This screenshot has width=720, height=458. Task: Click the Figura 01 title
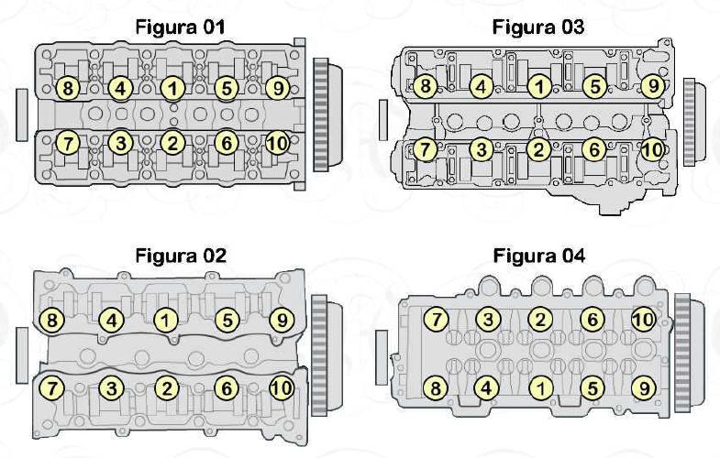tap(181, 27)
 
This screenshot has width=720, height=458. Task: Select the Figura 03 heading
tap(538, 27)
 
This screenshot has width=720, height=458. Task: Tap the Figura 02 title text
tap(181, 256)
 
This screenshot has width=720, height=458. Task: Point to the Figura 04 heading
tap(539, 256)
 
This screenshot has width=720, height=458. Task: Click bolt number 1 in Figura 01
tap(172, 88)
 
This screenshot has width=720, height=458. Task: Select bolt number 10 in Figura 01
tap(277, 144)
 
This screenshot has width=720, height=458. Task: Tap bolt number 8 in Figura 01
tap(68, 88)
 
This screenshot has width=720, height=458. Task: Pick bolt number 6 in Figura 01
tap(226, 144)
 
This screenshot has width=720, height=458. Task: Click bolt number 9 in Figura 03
tap(652, 86)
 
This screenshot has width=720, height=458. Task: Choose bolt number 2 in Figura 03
tap(538, 149)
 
